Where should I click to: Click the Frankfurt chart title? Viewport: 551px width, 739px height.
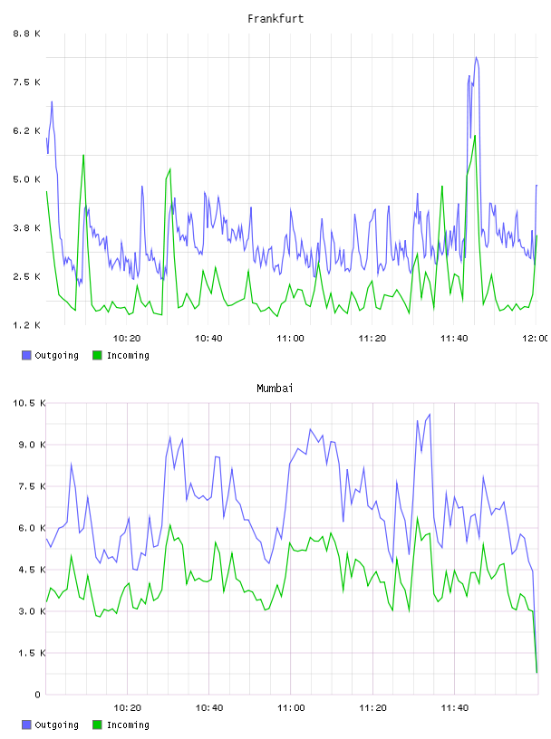tap(275, 19)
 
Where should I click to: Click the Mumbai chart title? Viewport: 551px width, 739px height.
tap(275, 389)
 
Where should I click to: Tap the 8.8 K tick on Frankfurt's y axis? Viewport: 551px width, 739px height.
tap(27, 34)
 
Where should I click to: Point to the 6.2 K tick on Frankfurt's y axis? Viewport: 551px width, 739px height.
tap(27, 130)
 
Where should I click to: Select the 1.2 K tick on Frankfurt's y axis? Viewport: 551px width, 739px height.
tap(27, 325)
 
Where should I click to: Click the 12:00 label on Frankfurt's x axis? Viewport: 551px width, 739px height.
tap(535, 338)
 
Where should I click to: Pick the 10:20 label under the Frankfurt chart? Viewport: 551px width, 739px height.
tap(127, 338)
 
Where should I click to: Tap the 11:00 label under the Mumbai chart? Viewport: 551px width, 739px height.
tap(291, 707)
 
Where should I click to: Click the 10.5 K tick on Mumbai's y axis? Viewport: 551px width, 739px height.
tap(29, 403)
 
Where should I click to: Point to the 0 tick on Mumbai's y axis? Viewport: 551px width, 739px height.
tap(37, 695)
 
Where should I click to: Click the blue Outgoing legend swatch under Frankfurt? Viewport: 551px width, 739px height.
tap(26, 355)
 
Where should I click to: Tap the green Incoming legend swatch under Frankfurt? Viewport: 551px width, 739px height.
tap(97, 355)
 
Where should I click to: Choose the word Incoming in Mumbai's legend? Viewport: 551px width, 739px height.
tap(128, 725)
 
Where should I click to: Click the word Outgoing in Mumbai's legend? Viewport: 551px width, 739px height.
tap(56, 725)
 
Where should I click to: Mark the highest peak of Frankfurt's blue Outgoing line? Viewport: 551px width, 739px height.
tap(477, 57)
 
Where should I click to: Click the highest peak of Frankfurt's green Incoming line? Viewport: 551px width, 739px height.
tap(475, 136)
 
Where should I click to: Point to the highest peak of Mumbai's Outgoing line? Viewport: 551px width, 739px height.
tap(430, 414)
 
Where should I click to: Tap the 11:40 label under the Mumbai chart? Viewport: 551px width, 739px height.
tap(454, 707)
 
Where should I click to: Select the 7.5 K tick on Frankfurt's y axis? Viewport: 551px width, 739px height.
tap(27, 82)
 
